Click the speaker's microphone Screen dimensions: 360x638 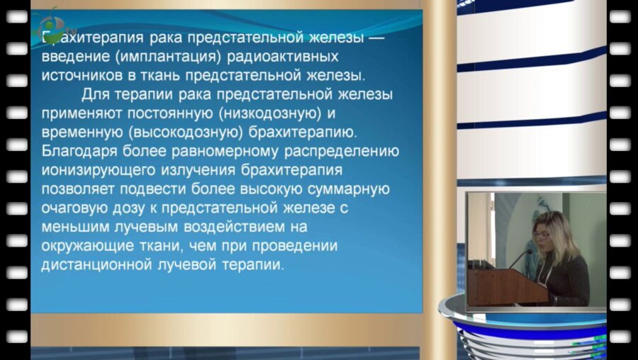pos(521,257)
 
